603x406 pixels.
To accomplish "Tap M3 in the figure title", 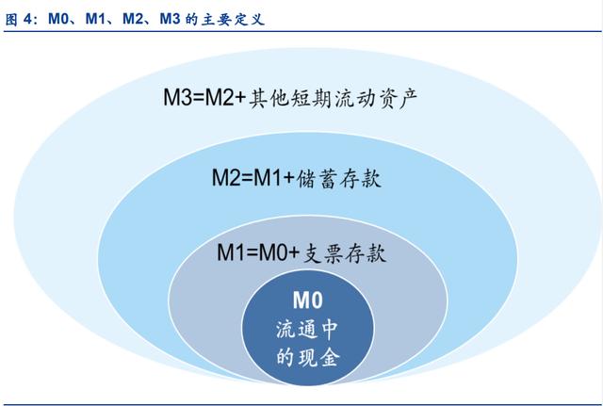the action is tap(170, 19).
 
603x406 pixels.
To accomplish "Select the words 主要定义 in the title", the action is tap(233, 19).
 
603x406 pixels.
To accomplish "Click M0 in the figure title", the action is tap(58, 19).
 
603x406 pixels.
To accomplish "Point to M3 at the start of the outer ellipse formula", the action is tap(177, 97).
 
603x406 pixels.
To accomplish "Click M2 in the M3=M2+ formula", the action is tap(220, 97).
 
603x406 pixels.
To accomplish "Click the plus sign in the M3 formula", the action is tap(240, 98).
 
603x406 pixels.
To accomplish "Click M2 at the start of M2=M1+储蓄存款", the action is tap(226, 178).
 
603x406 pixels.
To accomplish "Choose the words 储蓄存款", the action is tap(339, 179).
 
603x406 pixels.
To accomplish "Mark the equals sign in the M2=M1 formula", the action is tap(247, 178).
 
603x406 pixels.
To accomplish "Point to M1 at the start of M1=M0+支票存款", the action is tap(231, 253).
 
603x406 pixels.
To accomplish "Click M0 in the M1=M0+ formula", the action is tap(272, 253).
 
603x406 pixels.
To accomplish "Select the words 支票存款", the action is tap(344, 253).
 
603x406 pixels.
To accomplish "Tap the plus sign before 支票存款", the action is tap(294, 253).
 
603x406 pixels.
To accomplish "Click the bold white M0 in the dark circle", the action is tap(308, 300).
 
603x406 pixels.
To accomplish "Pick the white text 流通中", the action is tap(307, 330).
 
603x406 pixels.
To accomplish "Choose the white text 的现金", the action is tap(308, 358).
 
